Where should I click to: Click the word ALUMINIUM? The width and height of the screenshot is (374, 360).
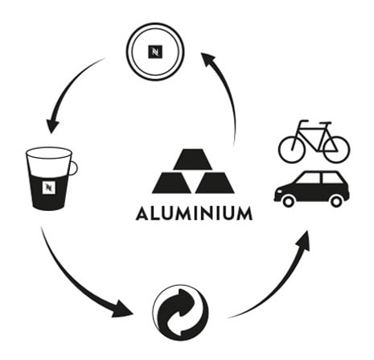(x=194, y=213)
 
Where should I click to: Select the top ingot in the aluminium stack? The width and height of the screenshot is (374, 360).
(x=193, y=159)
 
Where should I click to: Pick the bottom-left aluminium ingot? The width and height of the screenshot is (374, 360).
(x=171, y=183)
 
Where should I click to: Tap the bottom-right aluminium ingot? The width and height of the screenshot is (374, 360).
(x=215, y=183)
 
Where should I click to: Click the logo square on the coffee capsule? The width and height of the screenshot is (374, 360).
(x=155, y=52)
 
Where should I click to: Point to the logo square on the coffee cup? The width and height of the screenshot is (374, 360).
(x=49, y=187)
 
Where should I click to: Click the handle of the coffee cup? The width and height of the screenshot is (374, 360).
(x=73, y=168)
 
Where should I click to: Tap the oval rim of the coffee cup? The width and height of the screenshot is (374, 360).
(x=49, y=153)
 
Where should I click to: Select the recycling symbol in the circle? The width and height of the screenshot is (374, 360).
(x=180, y=312)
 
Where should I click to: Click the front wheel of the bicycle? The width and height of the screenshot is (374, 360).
(x=292, y=150)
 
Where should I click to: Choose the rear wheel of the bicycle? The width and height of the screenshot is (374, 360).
(x=336, y=150)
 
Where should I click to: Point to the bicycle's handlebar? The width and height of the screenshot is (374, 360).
(x=304, y=122)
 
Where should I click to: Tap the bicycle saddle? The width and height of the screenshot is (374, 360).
(x=325, y=123)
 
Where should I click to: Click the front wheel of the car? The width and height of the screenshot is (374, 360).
(x=288, y=201)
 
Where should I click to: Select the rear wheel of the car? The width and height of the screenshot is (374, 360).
(x=336, y=201)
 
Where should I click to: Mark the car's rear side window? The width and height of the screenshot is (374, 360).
(x=332, y=178)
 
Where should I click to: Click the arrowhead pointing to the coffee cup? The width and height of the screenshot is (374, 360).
(x=52, y=126)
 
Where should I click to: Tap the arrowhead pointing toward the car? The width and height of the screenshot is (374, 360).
(x=303, y=241)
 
